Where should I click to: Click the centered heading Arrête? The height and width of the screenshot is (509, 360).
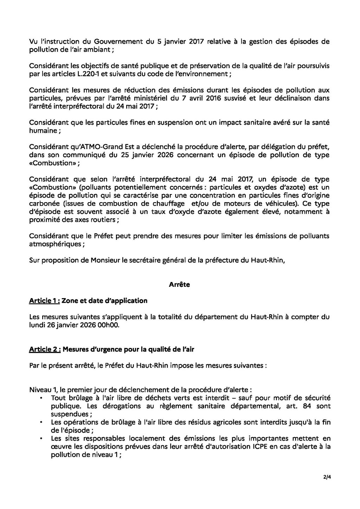click(179, 285)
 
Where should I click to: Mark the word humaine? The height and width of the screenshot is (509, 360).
click(42, 130)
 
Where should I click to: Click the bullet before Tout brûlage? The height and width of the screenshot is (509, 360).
click(42, 398)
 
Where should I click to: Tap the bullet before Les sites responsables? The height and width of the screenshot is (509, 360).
click(42, 438)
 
